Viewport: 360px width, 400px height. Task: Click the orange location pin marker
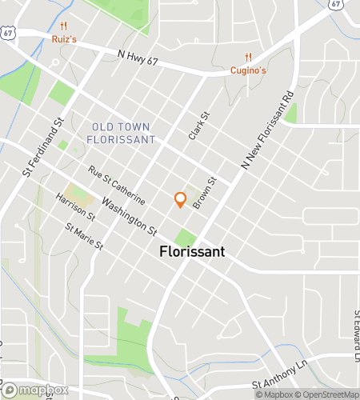click(180, 199)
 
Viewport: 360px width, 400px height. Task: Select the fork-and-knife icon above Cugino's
click(249, 57)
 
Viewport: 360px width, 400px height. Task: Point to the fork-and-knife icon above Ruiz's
click(73, 24)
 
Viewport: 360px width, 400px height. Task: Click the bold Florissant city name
click(191, 251)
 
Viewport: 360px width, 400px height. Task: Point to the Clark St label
click(198, 126)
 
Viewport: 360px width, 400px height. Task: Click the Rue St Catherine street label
click(116, 185)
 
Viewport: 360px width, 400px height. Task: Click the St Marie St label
click(85, 238)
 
